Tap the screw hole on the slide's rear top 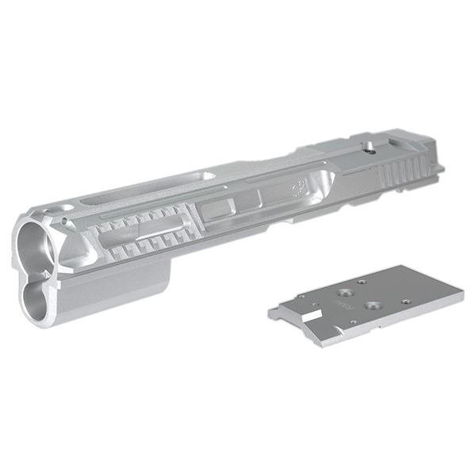point(369,144)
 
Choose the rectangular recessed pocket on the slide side point(216,210)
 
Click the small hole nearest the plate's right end point(405,301)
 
